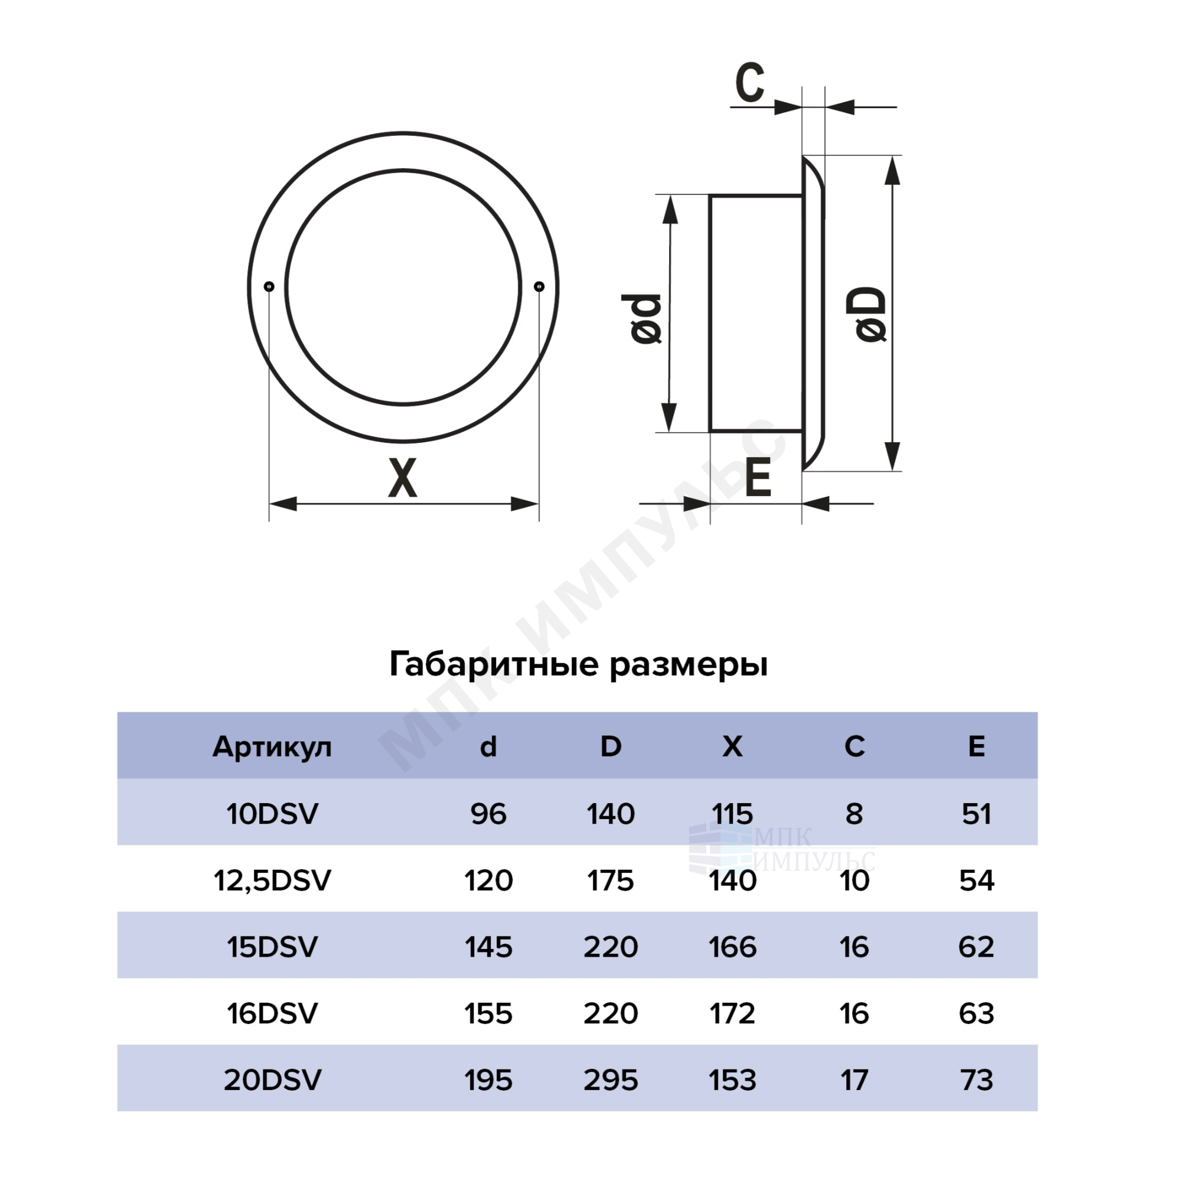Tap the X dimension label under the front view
403,478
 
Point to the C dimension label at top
750,82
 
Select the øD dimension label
870,314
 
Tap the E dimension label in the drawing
758,478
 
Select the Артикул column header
272,747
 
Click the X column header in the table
732,746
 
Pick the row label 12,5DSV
272,881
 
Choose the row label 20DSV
272,1080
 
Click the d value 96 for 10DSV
488,814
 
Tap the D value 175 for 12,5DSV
611,881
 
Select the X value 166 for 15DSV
732,948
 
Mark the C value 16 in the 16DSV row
854,1013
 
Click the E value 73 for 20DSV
976,1080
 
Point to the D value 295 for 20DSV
611,1080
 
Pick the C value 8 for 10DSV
854,814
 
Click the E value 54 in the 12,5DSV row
976,881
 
